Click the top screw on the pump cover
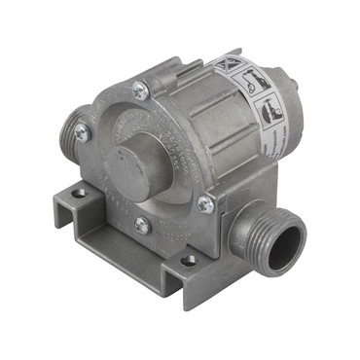coord(143,91)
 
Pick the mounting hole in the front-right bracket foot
coord(188,260)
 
